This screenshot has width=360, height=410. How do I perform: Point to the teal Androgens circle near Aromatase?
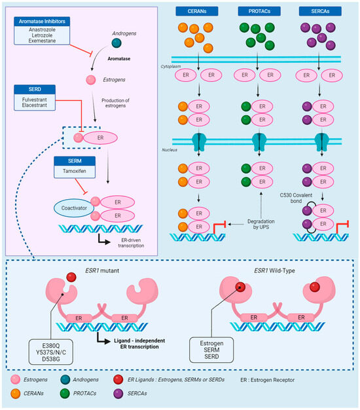coord(115,42)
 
